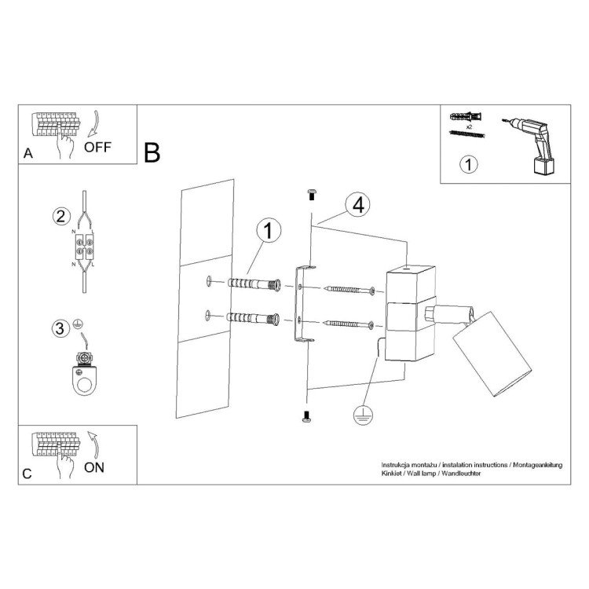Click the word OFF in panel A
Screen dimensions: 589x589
point(98,146)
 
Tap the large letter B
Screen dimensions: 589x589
point(152,152)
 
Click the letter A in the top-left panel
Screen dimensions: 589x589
point(29,154)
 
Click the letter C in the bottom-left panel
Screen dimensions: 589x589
point(28,474)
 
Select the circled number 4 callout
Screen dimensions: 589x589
point(357,205)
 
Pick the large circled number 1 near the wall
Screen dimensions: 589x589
point(268,231)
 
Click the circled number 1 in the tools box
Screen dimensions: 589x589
point(467,165)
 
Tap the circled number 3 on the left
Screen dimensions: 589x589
point(60,328)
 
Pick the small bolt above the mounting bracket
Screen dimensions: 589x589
point(309,193)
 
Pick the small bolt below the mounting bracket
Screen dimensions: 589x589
point(307,419)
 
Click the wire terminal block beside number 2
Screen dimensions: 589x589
point(85,248)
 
